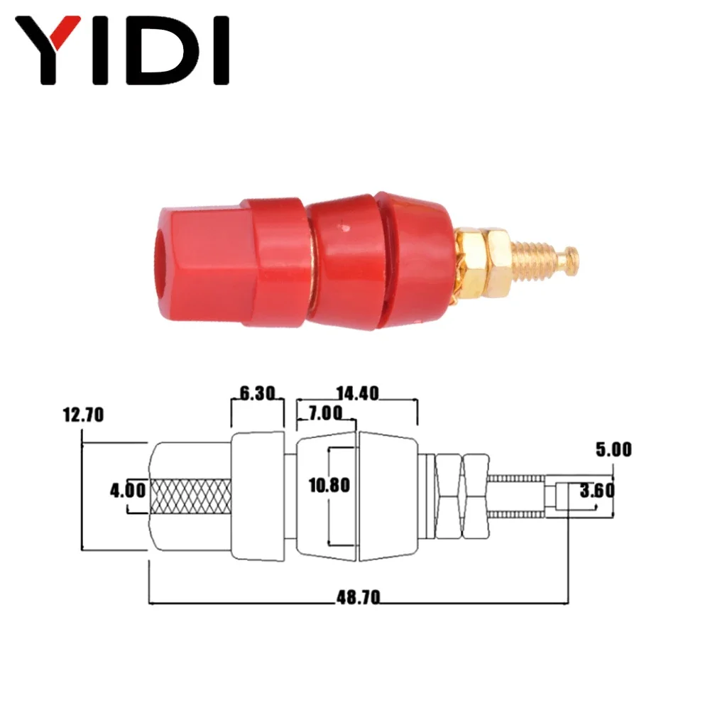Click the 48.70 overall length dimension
(358, 598)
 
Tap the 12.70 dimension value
(83, 415)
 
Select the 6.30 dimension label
(257, 393)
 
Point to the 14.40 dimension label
(357, 393)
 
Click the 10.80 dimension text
(329, 486)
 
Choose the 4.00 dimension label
(128, 491)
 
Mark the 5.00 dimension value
(613, 449)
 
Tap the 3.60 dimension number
(597, 491)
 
